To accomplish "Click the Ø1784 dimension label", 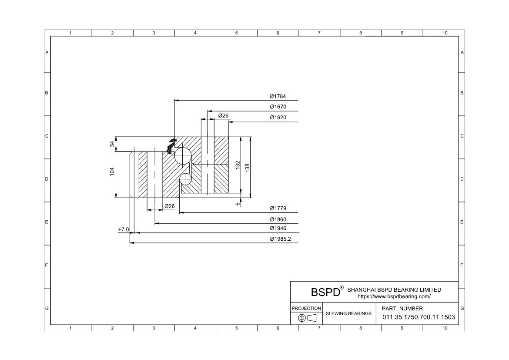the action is (x=278, y=96).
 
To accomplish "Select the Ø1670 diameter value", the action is (x=278, y=107).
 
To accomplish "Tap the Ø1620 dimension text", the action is (x=278, y=117).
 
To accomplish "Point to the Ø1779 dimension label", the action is (x=278, y=208).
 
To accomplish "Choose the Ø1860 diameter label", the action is (x=278, y=219).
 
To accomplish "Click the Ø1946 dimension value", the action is (x=278, y=228).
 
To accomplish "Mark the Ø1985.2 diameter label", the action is (x=281, y=239).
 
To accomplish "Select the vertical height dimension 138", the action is (x=248, y=168).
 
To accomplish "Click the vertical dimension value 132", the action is (x=238, y=165).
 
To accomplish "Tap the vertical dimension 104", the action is (x=112, y=172).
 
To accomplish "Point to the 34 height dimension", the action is (x=112, y=144).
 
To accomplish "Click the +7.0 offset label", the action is (x=124, y=229).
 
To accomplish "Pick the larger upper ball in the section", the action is (x=182, y=156).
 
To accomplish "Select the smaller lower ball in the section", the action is (x=186, y=179).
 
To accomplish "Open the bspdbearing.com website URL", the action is (x=394, y=296).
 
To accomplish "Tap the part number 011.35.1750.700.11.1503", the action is (x=419, y=317).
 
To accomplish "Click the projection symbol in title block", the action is (x=307, y=317).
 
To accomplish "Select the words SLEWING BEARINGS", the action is (x=348, y=313).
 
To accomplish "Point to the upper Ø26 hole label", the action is (x=223, y=115).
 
